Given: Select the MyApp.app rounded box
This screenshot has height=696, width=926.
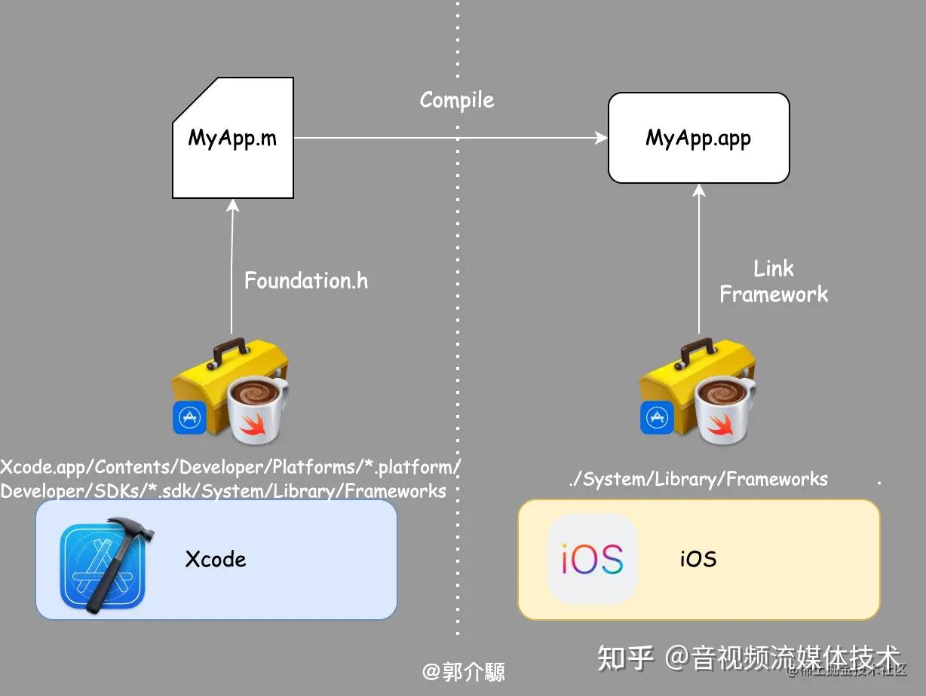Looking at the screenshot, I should click(x=698, y=138).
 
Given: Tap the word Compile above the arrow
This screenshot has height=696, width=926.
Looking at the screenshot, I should click(x=457, y=100).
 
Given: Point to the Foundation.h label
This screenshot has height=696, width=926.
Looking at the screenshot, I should click(x=306, y=281).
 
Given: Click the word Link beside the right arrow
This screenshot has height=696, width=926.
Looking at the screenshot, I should click(x=774, y=269).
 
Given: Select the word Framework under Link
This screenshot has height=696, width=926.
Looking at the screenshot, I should click(x=774, y=295).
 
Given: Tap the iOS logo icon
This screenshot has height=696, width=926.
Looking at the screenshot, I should click(x=593, y=559).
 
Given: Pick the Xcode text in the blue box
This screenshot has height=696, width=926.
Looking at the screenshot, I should click(x=216, y=560).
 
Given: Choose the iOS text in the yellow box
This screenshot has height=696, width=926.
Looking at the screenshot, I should click(x=698, y=560).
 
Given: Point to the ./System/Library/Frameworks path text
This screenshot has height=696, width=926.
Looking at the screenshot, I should click(x=698, y=479).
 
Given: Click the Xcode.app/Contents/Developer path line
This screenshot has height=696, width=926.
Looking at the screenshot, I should click(x=230, y=467).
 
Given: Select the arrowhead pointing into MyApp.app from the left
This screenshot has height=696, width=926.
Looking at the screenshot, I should click(x=601, y=138).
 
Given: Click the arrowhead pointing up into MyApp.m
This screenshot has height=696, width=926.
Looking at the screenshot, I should click(x=232, y=206).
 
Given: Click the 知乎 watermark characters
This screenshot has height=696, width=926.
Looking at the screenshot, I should click(x=625, y=658).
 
